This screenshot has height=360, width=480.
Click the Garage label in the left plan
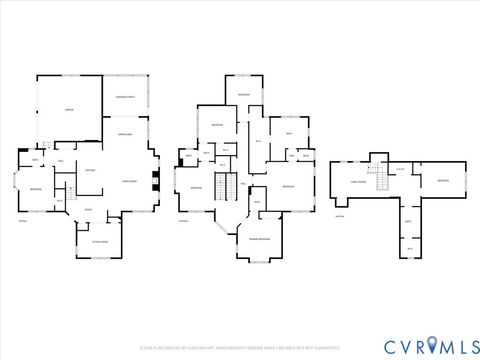coord(69,110)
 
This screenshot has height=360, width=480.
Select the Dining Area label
coord(127,133)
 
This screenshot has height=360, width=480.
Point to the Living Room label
coord(129,180)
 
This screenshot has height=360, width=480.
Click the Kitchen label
coord(90,170)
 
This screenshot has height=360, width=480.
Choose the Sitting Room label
coord(99,241)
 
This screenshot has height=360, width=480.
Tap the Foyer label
coord(88,209)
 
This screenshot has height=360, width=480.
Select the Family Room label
coord(357,182)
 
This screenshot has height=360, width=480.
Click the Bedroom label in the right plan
coord(443,180)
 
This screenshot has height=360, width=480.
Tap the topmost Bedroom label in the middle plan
coord(244,94)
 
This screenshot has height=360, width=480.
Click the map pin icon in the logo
coord(432,344)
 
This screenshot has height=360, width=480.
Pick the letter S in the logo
coord(470,345)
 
